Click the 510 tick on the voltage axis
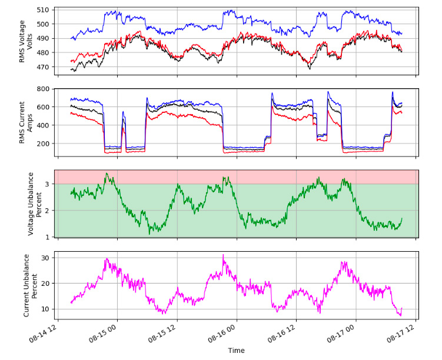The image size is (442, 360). pos(44,10)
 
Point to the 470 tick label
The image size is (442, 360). pos(44,68)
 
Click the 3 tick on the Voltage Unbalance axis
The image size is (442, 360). pos(49,184)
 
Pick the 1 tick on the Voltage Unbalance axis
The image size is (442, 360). pos(49,236)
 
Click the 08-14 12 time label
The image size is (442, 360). pos(46,331)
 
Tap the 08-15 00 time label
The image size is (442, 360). pos(106,331)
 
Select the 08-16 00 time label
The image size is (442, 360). pos(225,331)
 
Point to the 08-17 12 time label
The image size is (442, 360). pos(405,331)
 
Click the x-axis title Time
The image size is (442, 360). pos(236,351)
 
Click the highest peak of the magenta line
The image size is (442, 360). pos(223,255)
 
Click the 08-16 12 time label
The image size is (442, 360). pos(285,331)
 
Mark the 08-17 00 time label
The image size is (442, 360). pos(345,331)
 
